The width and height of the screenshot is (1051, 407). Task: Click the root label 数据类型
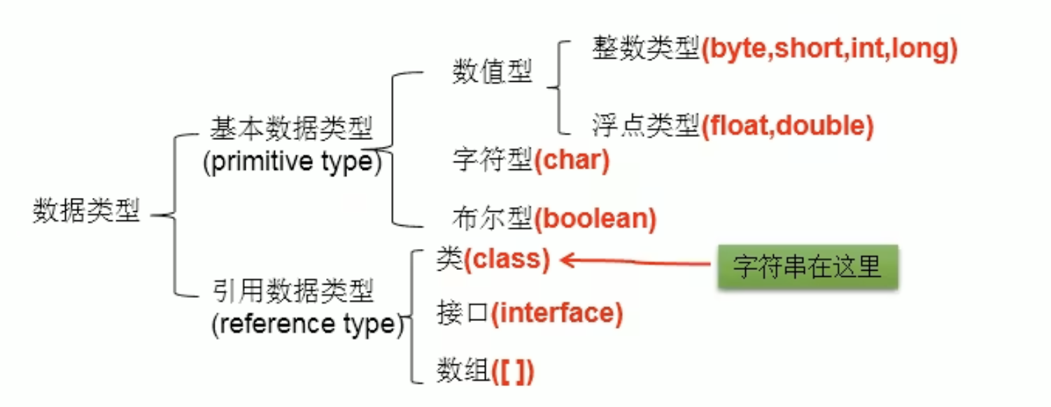coord(86,211)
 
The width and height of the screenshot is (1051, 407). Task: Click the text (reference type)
coord(307,324)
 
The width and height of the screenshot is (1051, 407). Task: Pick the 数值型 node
coord(493,71)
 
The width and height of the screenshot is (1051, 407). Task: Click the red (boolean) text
coord(595,220)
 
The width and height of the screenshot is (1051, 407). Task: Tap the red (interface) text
coord(556,313)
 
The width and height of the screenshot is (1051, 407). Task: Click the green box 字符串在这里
coord(807,266)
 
